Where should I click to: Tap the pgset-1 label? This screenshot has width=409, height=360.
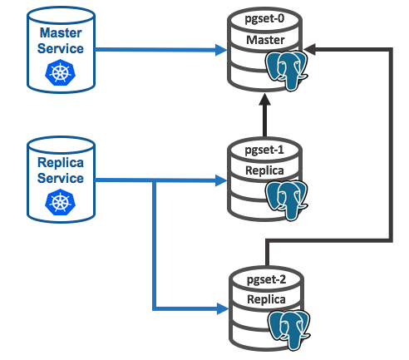click(x=264, y=150)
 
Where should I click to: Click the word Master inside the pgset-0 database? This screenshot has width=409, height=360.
click(x=263, y=40)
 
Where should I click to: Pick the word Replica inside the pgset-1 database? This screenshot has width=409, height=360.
click(x=264, y=171)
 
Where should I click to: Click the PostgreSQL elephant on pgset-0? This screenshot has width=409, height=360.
click(x=288, y=70)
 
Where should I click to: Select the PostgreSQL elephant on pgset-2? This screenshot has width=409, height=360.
click(x=292, y=328)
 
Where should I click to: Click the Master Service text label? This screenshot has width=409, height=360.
click(x=62, y=41)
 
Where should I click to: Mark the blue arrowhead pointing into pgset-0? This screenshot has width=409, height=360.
click(x=222, y=51)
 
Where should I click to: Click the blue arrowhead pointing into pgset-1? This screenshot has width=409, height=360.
click(x=221, y=180)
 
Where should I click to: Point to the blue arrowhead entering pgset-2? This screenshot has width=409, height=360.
click(x=221, y=309)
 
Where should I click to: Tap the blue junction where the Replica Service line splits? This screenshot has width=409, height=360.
click(x=155, y=180)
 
